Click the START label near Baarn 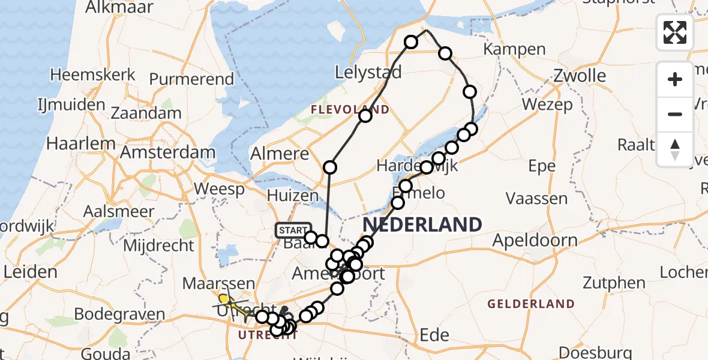coord(293,230)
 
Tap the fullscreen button coord(675,32)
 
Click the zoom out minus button coord(675,114)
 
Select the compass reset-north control coord(675,149)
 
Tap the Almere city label coord(279,154)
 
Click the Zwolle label coord(580,76)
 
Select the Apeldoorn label coord(535,241)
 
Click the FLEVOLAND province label coord(350,110)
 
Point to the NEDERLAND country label coord(422,225)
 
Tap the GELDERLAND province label coord(531,304)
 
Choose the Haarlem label coord(81,144)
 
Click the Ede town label coord(434,334)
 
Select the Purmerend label coord(191,79)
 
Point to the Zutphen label coord(615,283)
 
